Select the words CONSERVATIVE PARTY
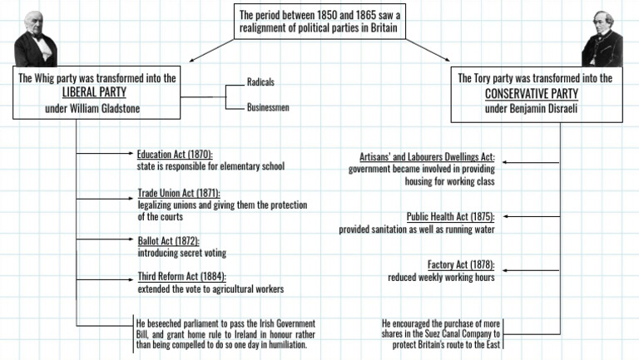tap(536, 93)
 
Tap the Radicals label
tap(260, 82)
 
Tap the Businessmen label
tap(268, 108)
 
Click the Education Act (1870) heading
tap(175, 155)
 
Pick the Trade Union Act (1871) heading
tap(179, 194)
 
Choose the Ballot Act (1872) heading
tap(168, 241)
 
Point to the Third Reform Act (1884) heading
tap(181, 278)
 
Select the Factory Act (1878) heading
tap(461, 265)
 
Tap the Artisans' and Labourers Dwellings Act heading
tap(427, 157)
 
